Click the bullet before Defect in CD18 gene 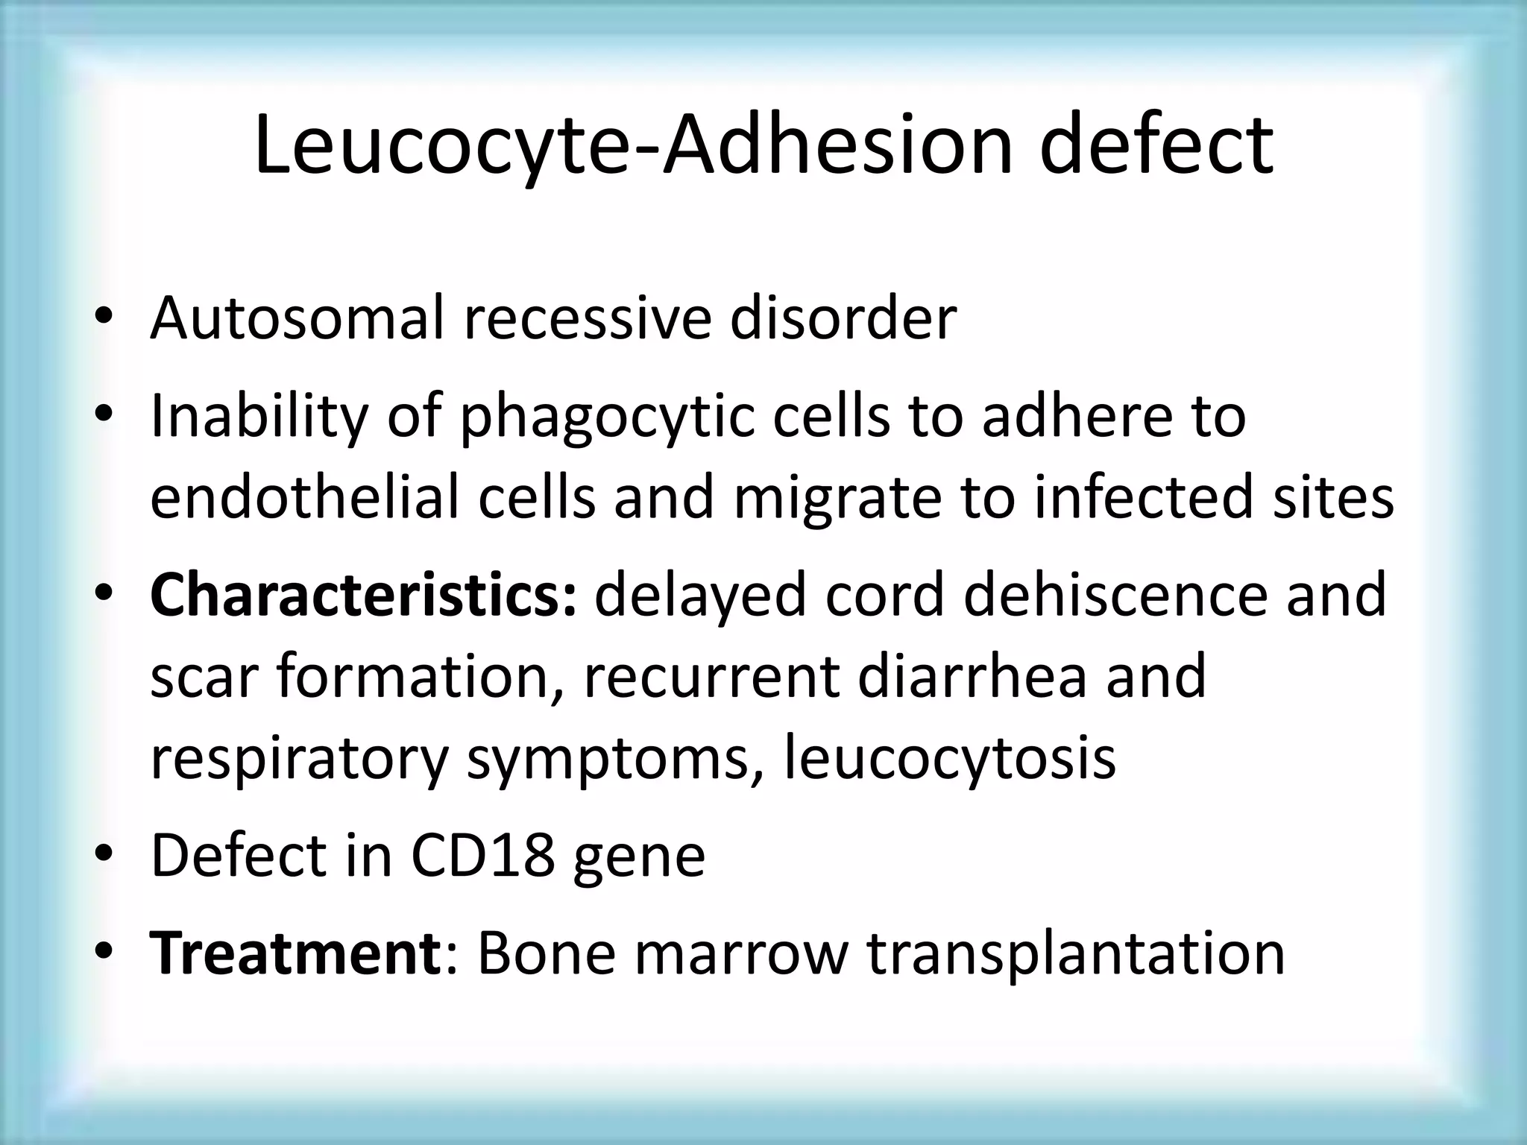(104, 855)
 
